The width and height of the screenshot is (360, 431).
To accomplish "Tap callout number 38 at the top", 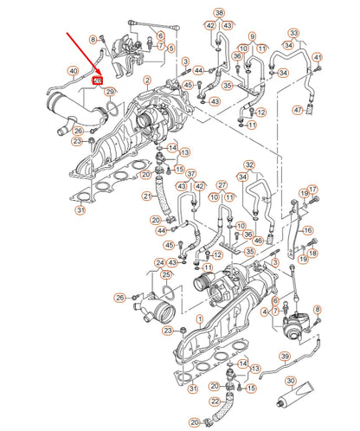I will point(219,13).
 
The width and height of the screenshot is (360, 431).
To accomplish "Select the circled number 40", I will point(73,71).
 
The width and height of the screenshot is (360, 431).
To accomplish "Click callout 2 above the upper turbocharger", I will point(147,80).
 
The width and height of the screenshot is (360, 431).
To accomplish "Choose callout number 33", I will point(293,33).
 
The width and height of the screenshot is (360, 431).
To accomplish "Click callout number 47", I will point(298,110).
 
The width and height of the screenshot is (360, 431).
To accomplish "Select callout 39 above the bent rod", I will point(284,357).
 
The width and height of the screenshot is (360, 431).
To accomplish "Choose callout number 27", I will point(222,185).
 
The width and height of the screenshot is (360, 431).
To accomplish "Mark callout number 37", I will point(191,173).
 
